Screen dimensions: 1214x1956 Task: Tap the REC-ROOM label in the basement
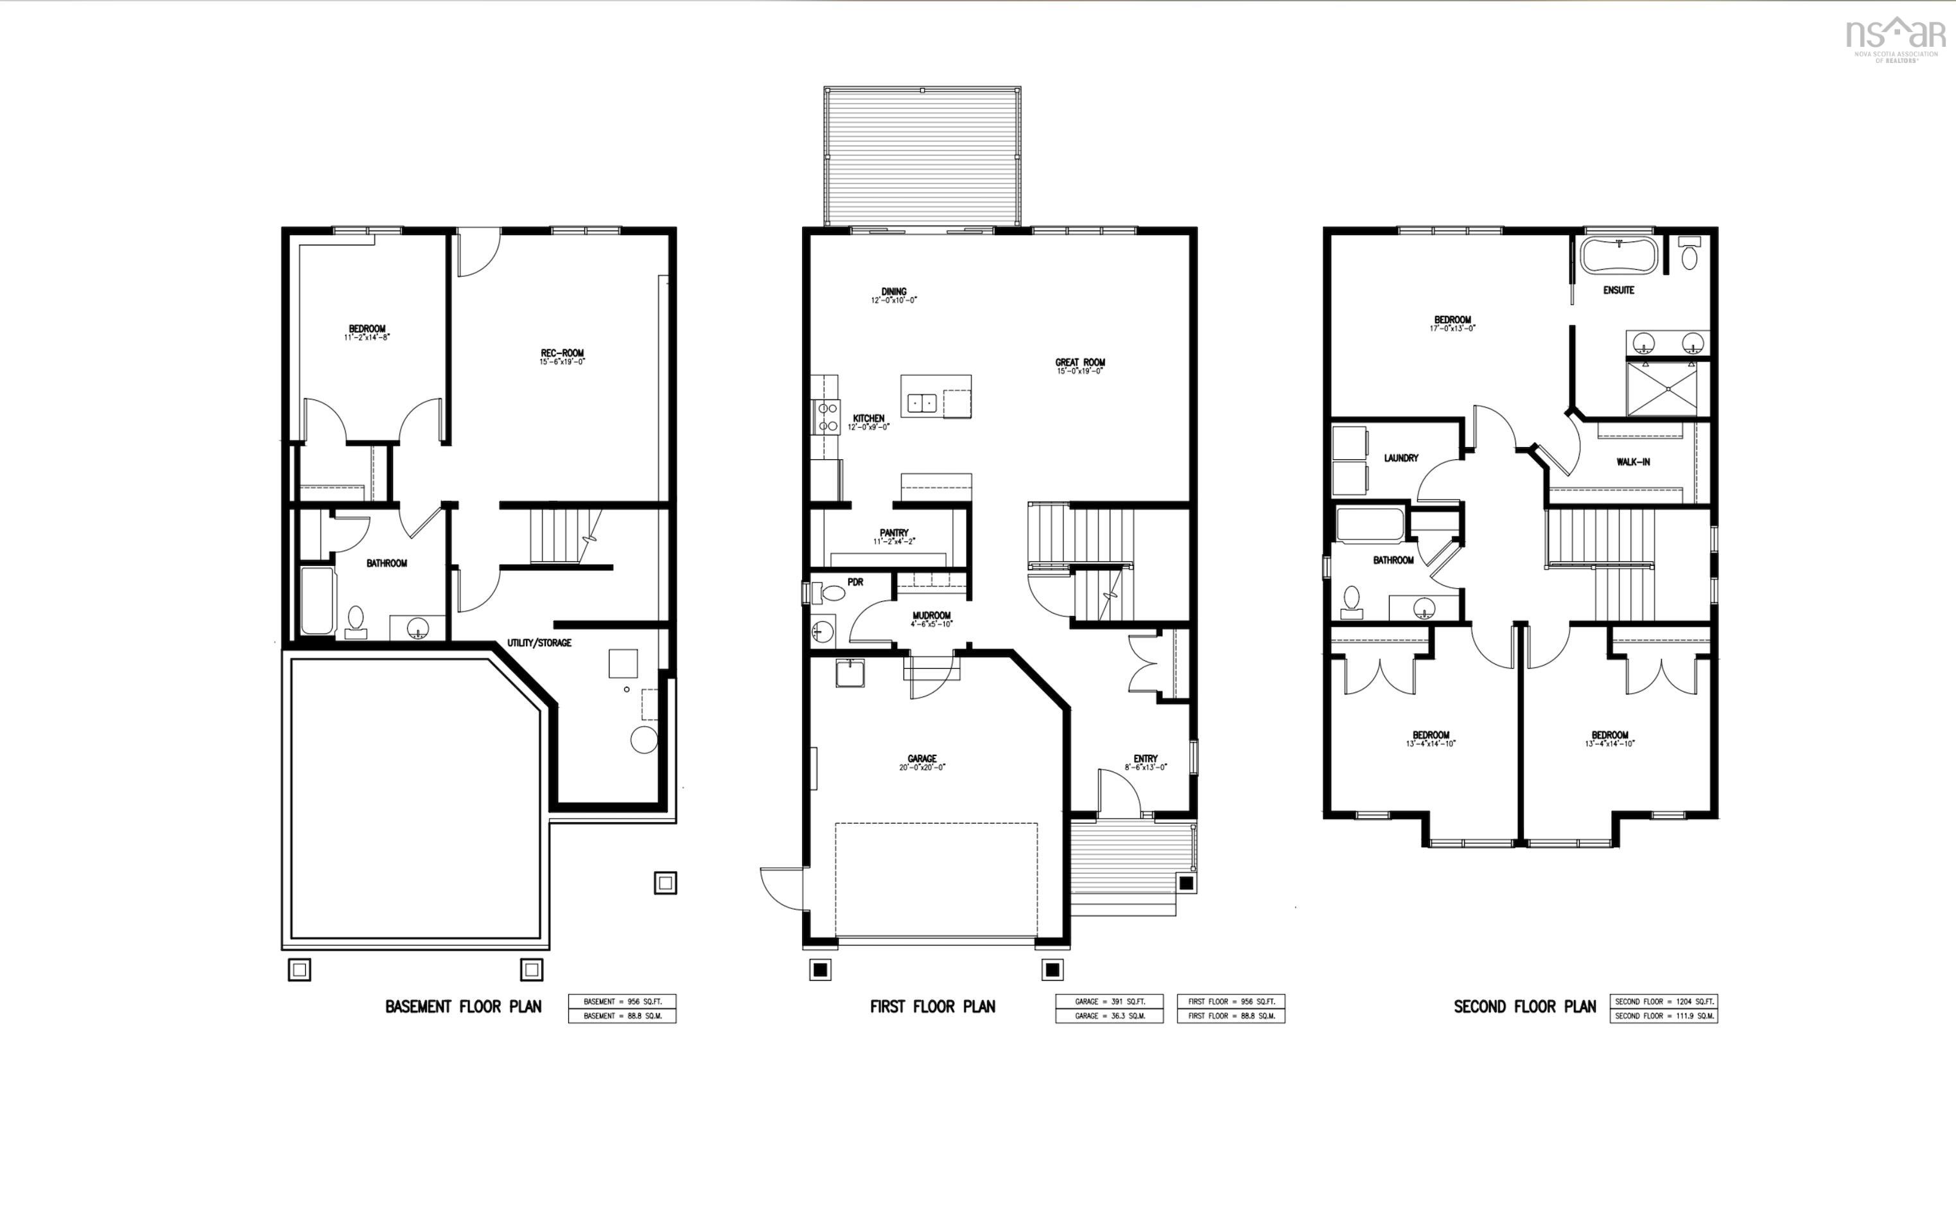pyautogui.click(x=562, y=353)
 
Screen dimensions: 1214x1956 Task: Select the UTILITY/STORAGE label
pyautogui.click(x=539, y=643)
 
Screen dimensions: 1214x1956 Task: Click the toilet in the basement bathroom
pyautogui.click(x=356, y=620)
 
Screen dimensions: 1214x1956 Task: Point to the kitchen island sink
pyautogui.click(x=921, y=402)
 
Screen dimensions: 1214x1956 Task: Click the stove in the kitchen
pyautogui.click(x=826, y=417)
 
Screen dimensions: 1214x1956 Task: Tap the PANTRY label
pyautogui.click(x=893, y=532)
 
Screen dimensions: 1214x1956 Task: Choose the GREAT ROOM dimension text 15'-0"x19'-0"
pyautogui.click(x=1079, y=372)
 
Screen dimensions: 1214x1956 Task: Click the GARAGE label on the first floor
pyautogui.click(x=921, y=759)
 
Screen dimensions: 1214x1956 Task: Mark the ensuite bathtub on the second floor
pyautogui.click(x=1618, y=256)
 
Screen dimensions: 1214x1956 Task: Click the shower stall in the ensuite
pyautogui.click(x=1667, y=389)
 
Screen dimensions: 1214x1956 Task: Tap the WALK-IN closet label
pyautogui.click(x=1632, y=462)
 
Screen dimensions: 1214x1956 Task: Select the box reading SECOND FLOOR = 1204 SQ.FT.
pyautogui.click(x=1663, y=1001)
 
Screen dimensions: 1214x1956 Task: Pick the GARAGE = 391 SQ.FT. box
pyautogui.click(x=1108, y=1001)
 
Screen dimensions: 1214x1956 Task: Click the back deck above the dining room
pyautogui.click(x=921, y=157)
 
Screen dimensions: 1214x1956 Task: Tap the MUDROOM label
pyautogui.click(x=931, y=616)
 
